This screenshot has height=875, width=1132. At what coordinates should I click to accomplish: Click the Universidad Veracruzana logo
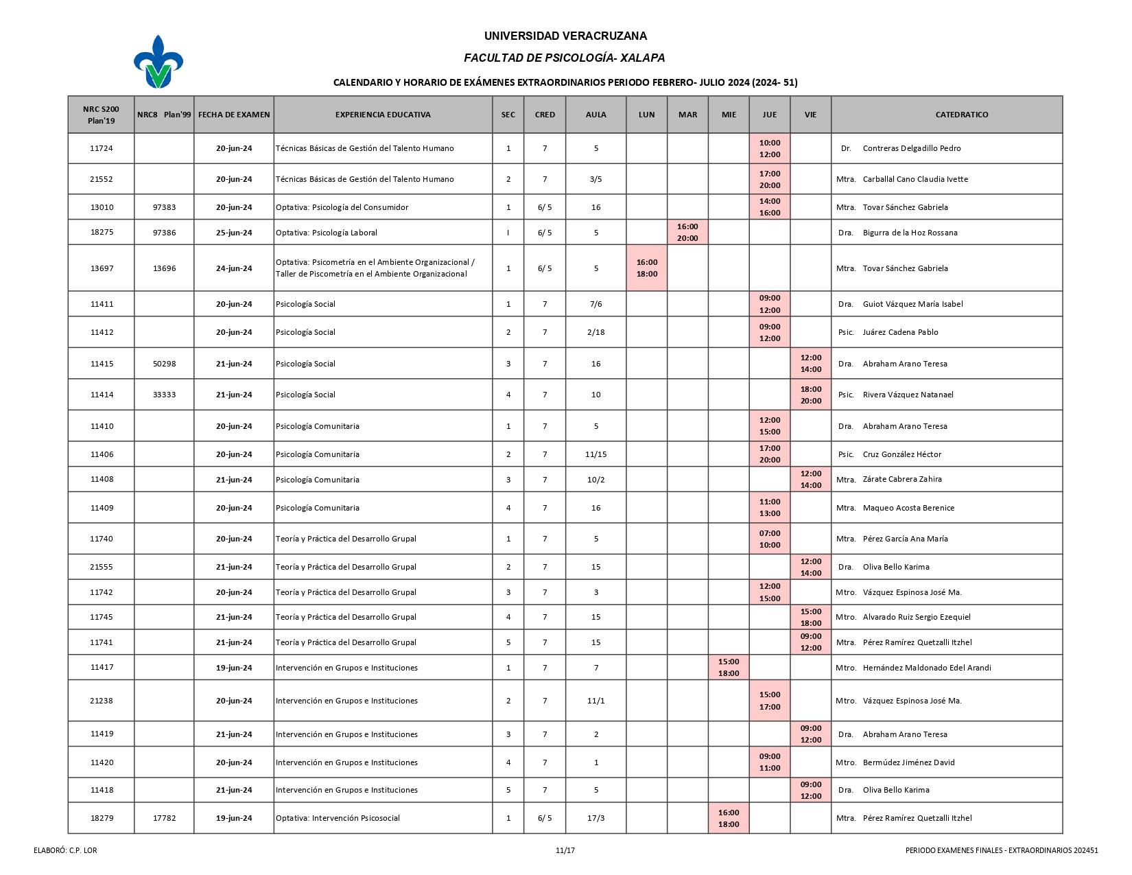coord(158,62)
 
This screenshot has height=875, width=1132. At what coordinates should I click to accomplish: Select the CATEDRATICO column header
coord(961,115)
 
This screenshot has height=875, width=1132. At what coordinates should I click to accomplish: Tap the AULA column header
coord(596,115)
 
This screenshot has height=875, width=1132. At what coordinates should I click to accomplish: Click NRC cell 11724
coord(102,148)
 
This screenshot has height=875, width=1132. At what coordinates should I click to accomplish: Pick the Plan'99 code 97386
coord(164,233)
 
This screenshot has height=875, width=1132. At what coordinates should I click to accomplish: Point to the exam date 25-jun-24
coord(234,233)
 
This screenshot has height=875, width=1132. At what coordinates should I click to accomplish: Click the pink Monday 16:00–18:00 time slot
coord(646,268)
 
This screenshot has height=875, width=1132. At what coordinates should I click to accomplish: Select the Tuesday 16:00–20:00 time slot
coord(687,233)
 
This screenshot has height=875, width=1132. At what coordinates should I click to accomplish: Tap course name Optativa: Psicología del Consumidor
coord(342,207)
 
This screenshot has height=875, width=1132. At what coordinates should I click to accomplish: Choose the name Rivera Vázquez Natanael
coord(908,395)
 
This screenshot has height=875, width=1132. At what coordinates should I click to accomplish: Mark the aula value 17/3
coord(596,818)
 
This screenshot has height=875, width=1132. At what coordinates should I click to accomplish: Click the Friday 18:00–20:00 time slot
coord(810,395)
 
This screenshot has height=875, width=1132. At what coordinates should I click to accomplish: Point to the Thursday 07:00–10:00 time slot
coord(770,539)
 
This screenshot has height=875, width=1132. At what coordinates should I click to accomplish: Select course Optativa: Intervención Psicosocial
coord(338,818)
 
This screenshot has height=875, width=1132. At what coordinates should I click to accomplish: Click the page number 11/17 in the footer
coord(565,850)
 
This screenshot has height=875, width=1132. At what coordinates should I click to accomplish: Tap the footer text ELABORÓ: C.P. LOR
coord(65,850)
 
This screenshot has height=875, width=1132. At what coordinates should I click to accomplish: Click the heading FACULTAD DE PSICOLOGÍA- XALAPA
coord(564,58)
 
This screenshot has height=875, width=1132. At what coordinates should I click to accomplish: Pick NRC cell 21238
coord(102,701)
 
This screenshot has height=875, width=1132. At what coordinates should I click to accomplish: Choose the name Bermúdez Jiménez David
coord(908,762)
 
